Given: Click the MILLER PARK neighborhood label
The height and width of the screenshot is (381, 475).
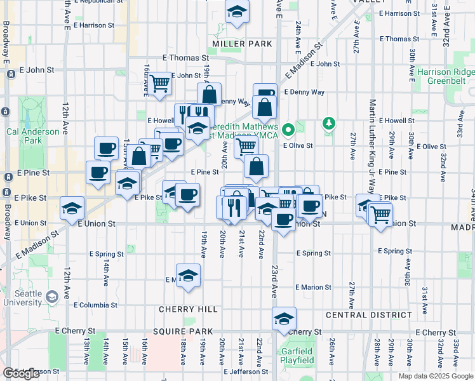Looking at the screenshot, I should click(x=242, y=44).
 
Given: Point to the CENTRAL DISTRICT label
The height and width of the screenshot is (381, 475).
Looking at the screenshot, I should click(x=368, y=315).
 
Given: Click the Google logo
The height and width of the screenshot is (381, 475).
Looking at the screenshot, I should click(x=21, y=373).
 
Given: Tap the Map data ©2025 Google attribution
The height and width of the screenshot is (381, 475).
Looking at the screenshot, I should click(x=436, y=376).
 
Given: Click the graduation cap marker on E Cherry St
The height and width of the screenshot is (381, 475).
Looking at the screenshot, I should click(x=284, y=319).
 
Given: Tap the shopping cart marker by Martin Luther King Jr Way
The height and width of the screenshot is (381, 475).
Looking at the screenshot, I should click(x=380, y=214).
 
